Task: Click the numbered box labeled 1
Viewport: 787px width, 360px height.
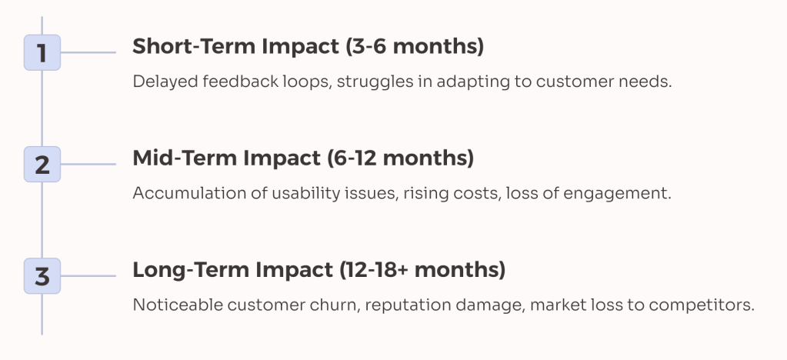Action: (x=42, y=53)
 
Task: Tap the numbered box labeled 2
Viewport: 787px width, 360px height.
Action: (x=42, y=165)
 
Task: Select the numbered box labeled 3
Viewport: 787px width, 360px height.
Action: (x=42, y=275)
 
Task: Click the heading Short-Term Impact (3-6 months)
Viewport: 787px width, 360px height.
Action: (x=308, y=46)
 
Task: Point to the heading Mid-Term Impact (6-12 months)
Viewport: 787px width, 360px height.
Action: (x=303, y=158)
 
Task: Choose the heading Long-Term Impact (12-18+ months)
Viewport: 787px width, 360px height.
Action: (x=318, y=270)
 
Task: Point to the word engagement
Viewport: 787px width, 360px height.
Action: (x=625, y=193)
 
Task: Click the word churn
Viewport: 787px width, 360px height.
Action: (x=333, y=305)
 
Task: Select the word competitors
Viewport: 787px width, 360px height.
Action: (x=705, y=305)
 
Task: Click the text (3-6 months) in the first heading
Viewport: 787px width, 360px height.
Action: (x=412, y=46)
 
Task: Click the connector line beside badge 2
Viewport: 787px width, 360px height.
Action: (x=88, y=165)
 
